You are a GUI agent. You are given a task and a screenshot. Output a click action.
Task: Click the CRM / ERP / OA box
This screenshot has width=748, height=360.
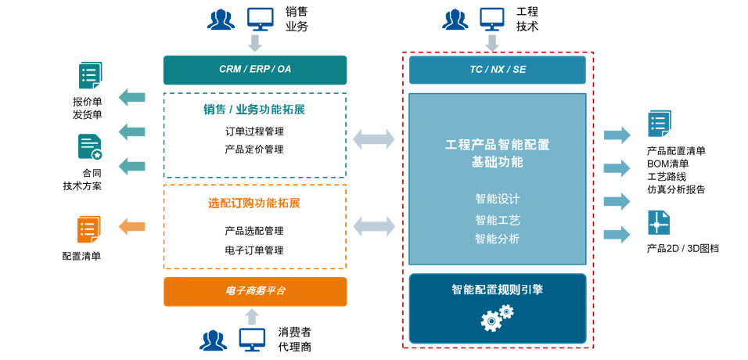254,70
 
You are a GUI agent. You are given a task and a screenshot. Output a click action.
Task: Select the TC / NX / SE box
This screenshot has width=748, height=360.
497,70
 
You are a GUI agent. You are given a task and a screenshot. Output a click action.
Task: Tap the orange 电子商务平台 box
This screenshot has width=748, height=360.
255,291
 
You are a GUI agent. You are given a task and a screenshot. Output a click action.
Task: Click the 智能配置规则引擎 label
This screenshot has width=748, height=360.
497,290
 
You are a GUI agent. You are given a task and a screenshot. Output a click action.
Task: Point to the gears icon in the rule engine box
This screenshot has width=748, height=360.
496,317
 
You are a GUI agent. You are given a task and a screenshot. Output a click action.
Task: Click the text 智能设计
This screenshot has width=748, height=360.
497,199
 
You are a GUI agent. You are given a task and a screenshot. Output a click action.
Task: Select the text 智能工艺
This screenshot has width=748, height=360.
497,220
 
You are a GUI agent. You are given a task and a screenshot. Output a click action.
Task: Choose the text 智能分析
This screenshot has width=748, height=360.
497,239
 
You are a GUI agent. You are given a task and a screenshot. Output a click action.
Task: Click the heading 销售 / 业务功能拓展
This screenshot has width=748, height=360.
254,110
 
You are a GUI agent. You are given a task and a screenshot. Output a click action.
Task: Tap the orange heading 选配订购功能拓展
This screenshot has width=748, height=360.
254,203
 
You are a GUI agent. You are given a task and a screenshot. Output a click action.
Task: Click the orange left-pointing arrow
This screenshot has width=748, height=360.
131,227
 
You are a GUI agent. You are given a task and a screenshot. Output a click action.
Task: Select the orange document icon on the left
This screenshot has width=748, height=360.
88,229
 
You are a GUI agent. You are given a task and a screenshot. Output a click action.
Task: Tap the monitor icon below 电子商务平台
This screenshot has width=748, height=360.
252,339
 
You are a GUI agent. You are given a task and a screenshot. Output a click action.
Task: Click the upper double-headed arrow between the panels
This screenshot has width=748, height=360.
374,139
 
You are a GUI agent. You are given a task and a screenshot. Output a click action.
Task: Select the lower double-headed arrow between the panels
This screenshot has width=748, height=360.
374,226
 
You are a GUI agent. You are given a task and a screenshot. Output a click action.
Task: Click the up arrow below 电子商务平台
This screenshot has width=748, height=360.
252,316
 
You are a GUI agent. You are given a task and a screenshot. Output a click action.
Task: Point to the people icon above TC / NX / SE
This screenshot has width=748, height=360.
455,19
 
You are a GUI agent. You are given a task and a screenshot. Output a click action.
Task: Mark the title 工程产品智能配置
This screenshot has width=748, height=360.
497,145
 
